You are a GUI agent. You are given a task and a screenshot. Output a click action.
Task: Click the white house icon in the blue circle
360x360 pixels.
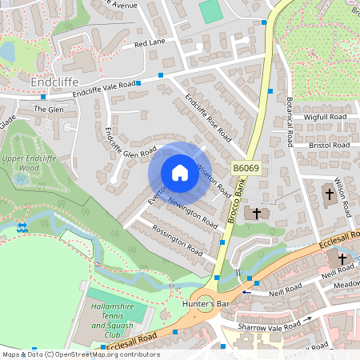pos(179,173)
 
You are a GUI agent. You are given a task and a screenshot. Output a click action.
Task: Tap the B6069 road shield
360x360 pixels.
pos(245,168)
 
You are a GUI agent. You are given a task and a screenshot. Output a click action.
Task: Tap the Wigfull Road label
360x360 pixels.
pos(325,117)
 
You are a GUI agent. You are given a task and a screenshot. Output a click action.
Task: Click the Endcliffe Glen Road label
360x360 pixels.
pos(130,140)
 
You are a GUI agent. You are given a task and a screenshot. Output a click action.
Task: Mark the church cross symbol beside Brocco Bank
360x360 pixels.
pos(257,213)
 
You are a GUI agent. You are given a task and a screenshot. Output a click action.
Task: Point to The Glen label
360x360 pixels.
pos(48,109)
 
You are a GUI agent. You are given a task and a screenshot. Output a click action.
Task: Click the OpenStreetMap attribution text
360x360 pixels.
pos(80,354)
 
